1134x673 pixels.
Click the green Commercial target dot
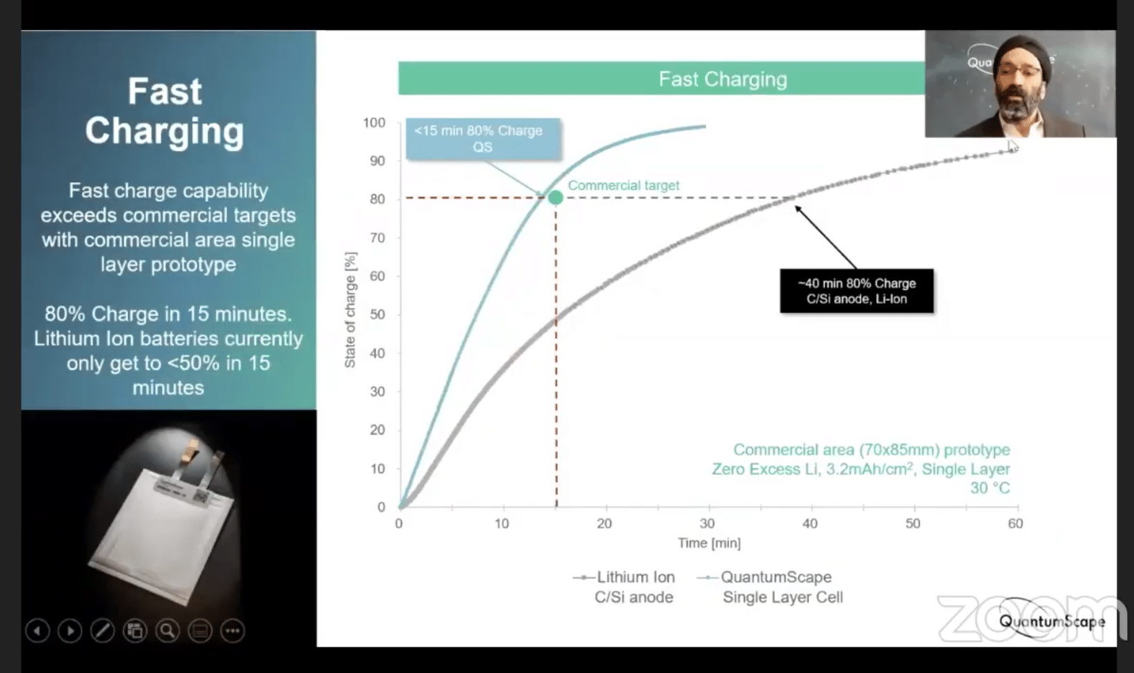[x=555, y=197]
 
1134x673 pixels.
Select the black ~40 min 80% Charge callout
[x=856, y=291]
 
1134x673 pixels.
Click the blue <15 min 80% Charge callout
[x=482, y=138]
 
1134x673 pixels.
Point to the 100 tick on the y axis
[x=374, y=123]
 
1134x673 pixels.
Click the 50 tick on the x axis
[x=912, y=524]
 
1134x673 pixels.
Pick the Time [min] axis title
[x=709, y=543]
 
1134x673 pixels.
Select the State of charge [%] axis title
[x=350, y=309]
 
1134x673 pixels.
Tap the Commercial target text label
[x=623, y=186]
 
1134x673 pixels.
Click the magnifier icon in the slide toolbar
[x=167, y=631]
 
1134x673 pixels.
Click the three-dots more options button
[x=232, y=631]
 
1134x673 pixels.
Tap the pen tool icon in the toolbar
[x=102, y=631]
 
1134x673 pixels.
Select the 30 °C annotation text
[x=989, y=488]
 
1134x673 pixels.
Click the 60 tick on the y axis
[x=377, y=276]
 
